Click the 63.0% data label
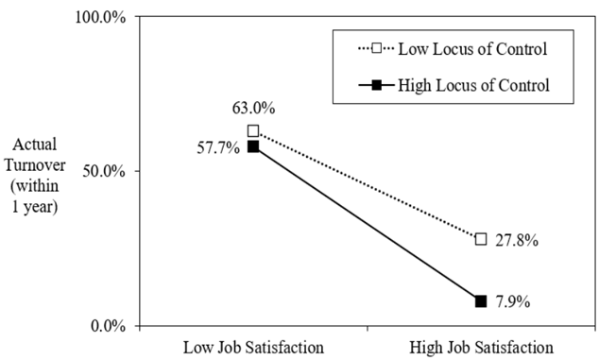(x=253, y=108)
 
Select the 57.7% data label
(x=218, y=148)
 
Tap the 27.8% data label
(x=517, y=240)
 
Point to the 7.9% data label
(x=513, y=302)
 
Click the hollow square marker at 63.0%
(x=253, y=131)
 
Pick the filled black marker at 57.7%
(x=253, y=146)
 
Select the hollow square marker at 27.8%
(x=481, y=239)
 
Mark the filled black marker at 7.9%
(x=481, y=301)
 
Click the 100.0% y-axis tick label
(x=100, y=18)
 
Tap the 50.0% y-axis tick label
(x=104, y=172)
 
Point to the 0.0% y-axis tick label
(x=108, y=327)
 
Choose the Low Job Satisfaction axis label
(x=253, y=348)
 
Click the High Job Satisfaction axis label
(x=481, y=348)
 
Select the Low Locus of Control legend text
(x=473, y=49)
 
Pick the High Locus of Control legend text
(x=473, y=85)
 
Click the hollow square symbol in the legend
(x=377, y=48)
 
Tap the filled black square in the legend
(x=377, y=85)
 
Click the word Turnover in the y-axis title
(x=35, y=165)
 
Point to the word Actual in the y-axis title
(x=35, y=145)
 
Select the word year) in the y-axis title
(x=41, y=208)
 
